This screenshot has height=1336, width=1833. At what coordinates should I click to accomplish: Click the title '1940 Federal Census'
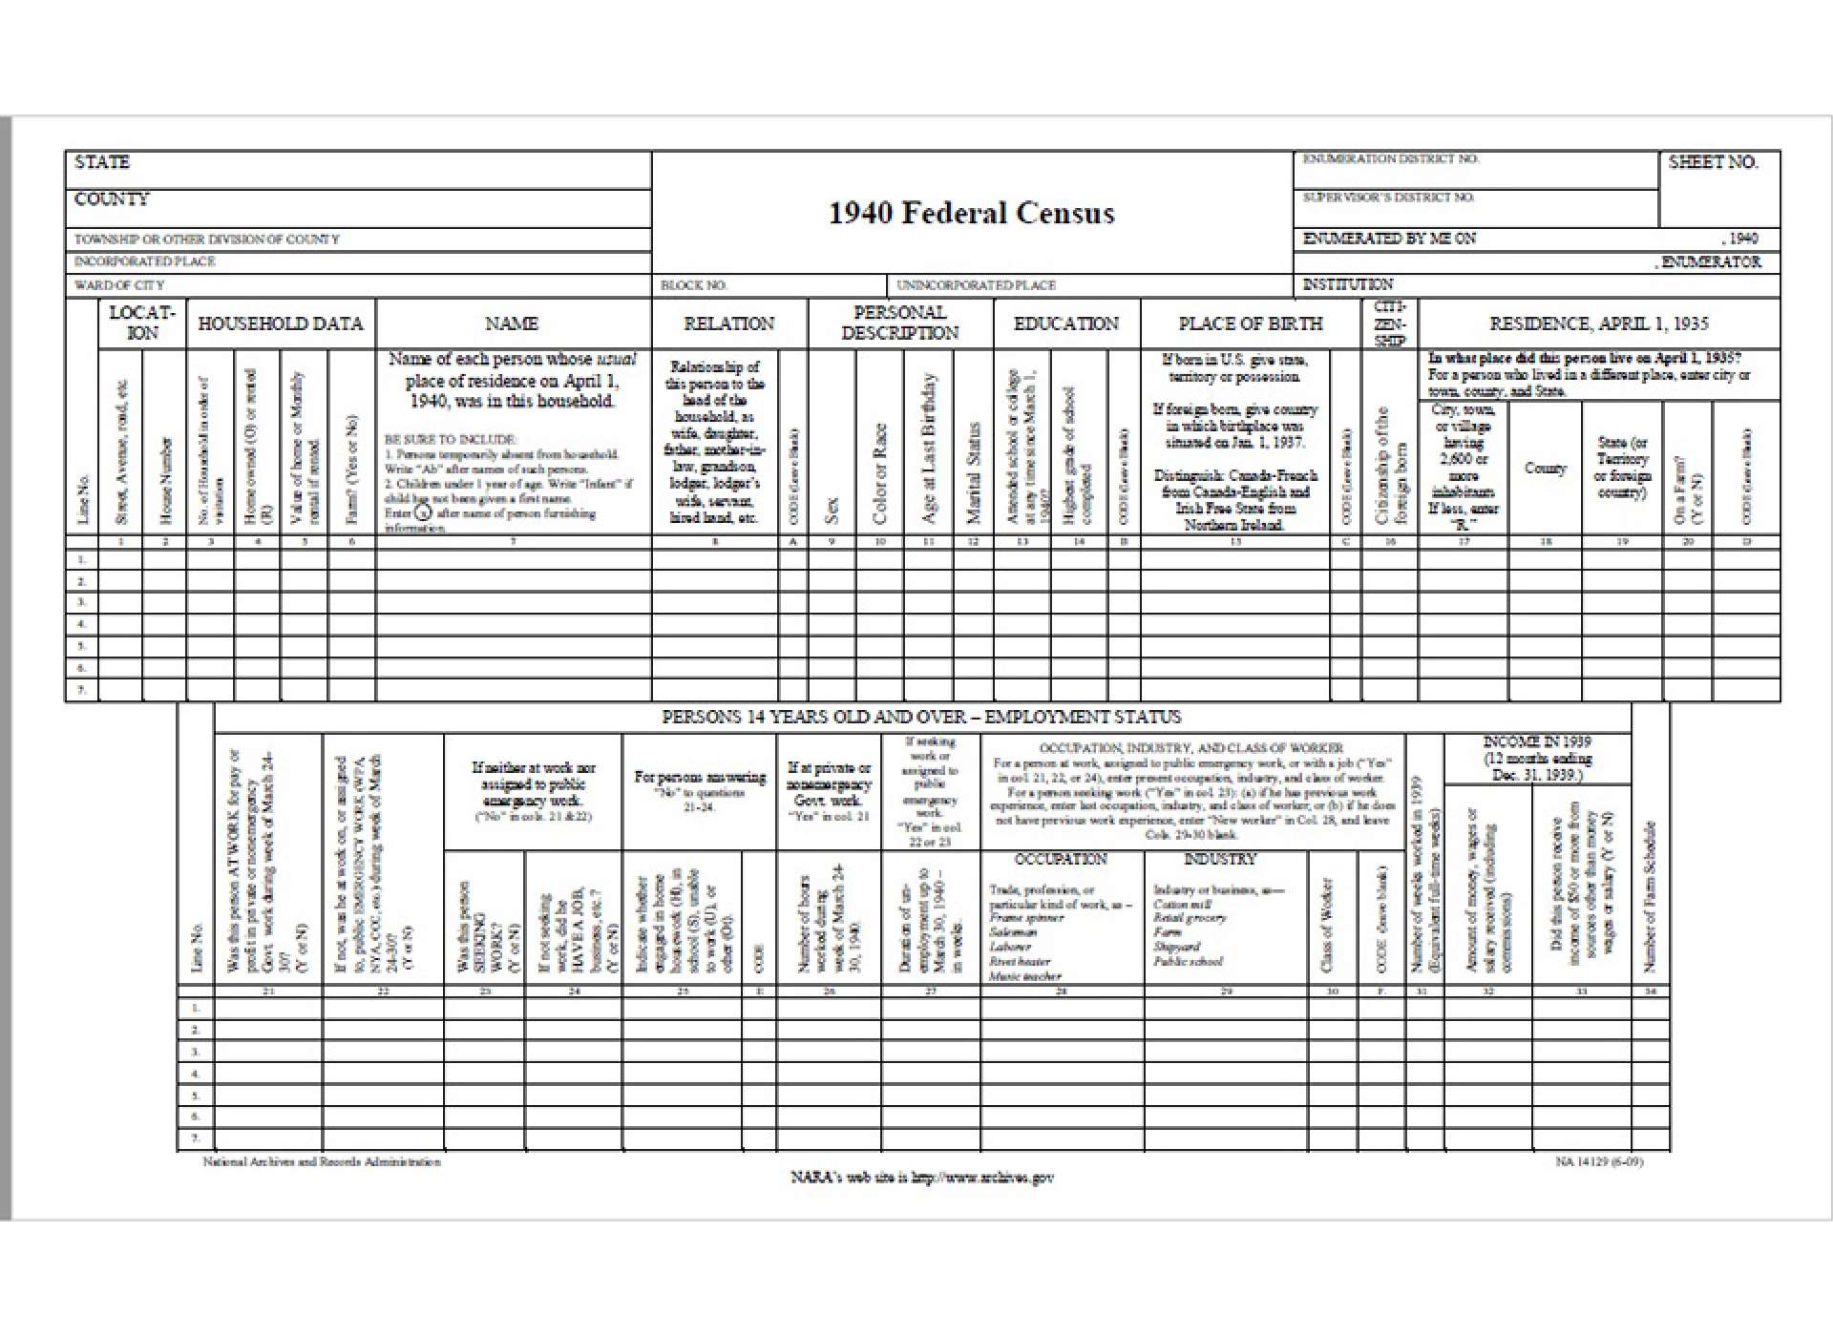(971, 213)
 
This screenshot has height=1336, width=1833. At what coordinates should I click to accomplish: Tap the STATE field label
(102, 162)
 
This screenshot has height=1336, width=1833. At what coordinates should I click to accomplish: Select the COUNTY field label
(112, 199)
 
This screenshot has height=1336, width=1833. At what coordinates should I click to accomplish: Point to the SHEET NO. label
(1713, 162)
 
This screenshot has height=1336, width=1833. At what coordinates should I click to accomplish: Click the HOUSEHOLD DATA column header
(281, 324)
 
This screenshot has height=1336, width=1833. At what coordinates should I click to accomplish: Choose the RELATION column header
(729, 324)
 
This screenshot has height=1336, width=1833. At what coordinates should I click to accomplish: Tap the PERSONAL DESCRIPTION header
(899, 323)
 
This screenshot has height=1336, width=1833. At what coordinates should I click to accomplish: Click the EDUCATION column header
(1065, 324)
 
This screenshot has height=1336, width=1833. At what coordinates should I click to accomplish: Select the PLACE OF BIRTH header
(1250, 324)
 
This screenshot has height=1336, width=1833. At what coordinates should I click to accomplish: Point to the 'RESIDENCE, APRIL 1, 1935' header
(1598, 324)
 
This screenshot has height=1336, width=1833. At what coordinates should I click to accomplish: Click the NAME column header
(512, 324)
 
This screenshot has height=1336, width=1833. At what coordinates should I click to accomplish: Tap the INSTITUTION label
(1347, 284)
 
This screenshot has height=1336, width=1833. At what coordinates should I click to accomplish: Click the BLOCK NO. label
(694, 285)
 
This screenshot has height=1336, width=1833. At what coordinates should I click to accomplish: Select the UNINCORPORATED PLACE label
(976, 285)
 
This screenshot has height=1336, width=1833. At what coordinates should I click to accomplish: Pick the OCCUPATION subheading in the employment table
(1061, 859)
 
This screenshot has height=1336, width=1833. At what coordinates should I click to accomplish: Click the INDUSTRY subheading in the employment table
(1220, 859)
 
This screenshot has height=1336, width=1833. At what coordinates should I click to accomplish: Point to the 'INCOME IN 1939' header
(1537, 741)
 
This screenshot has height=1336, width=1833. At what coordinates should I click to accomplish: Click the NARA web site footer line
(921, 1178)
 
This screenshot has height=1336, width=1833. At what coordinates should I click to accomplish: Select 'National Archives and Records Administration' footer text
(322, 1162)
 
